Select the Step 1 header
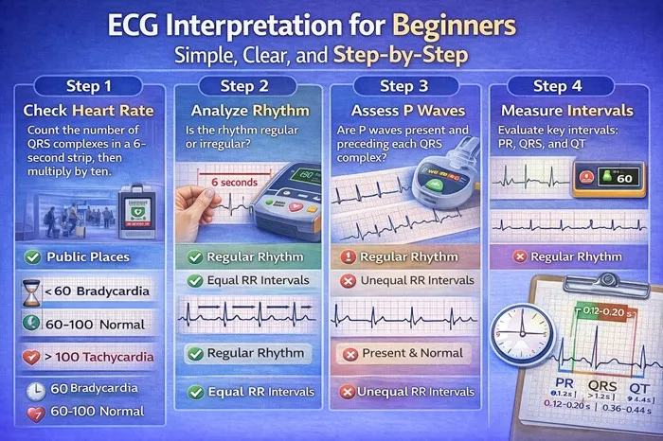tap(91, 85)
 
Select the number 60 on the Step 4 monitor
tap(626, 177)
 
